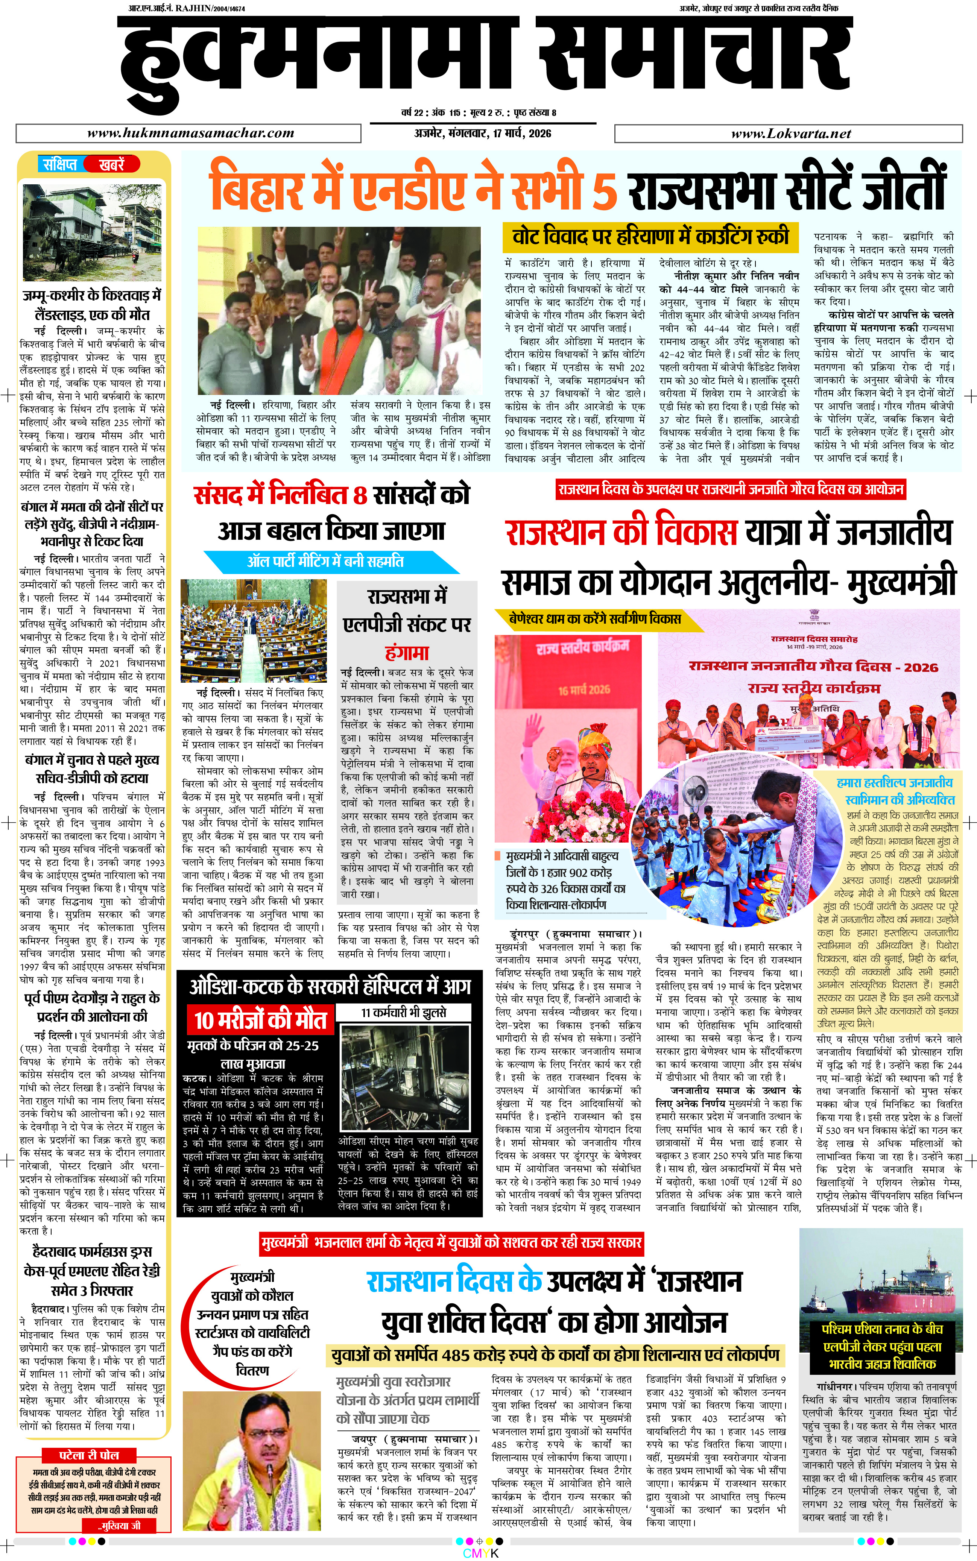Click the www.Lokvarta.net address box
(x=790, y=134)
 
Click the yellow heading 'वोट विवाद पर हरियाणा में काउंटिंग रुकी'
(x=651, y=237)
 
